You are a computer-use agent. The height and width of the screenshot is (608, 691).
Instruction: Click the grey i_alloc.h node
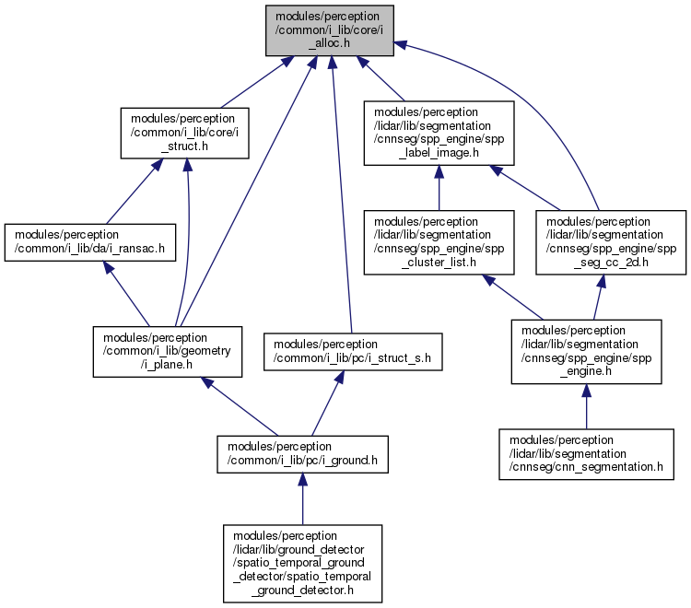point(329,30)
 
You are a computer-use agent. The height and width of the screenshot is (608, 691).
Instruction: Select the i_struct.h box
point(184,133)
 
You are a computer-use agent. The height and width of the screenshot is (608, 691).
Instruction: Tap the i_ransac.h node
point(90,242)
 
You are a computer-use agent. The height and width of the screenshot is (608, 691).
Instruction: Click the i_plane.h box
point(168,352)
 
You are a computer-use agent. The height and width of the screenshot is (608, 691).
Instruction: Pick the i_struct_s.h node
point(353,352)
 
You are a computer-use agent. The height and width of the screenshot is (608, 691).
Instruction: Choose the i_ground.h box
point(302,454)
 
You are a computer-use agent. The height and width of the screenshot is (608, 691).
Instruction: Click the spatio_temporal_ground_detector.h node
point(302,564)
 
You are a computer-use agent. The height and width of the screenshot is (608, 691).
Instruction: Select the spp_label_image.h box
point(439,133)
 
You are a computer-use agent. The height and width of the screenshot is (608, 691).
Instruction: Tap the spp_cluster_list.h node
point(439,242)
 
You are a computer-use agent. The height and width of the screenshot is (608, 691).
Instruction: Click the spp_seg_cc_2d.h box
point(611,242)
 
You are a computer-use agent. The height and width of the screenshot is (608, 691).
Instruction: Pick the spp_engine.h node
point(586,352)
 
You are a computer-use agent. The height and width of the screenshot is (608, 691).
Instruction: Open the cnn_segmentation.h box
point(586,454)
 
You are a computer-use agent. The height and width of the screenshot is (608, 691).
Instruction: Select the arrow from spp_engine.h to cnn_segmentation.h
point(586,406)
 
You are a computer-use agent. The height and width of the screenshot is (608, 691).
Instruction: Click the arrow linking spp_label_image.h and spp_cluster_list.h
point(439,188)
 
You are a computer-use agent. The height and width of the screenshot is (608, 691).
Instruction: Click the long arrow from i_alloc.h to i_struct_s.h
point(342,194)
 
